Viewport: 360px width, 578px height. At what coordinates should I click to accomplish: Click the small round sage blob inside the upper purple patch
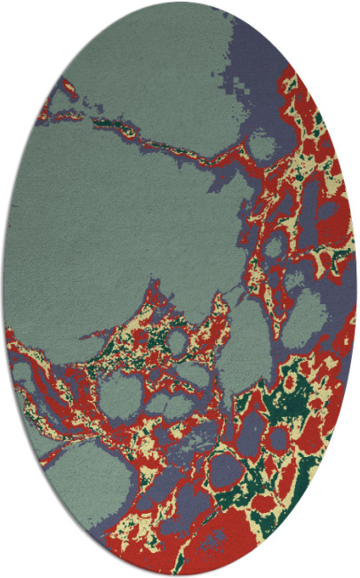pyautogui.click(x=263, y=141)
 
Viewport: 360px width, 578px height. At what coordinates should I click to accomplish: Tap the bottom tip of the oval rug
pyautogui.click(x=180, y=576)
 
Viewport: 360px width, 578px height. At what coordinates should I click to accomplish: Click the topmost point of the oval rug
pyautogui.click(x=180, y=2)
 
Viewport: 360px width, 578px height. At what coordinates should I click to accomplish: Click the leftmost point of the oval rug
pyautogui.click(x=2, y=289)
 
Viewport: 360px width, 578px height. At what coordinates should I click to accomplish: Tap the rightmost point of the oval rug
pyautogui.click(x=357, y=289)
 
